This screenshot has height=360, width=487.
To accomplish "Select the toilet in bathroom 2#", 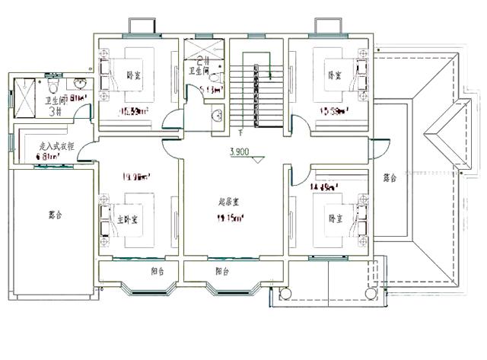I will [x=215, y=78].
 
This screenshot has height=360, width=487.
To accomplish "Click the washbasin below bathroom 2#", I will [x=218, y=116].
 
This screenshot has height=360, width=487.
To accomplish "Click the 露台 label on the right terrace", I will [x=390, y=177].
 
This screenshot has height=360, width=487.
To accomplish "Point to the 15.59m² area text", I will [x=335, y=112].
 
